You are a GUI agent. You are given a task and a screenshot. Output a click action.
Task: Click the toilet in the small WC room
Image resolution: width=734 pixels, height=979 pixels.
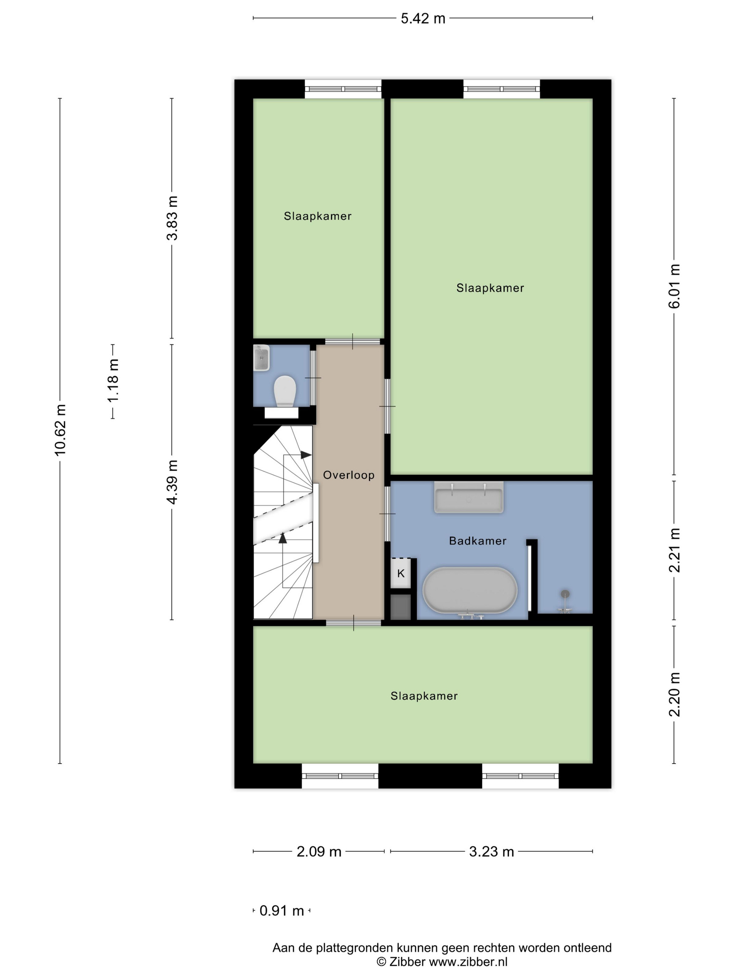point(285,391)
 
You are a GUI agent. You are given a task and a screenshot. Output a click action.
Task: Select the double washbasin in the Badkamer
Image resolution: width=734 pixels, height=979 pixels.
point(469,498)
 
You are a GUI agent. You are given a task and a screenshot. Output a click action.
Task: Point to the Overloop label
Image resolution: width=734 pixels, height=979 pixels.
point(348,475)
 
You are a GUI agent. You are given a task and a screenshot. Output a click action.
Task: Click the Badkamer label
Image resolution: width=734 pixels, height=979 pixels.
point(477,541)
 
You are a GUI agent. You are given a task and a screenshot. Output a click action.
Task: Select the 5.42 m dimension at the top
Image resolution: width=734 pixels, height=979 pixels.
point(423,19)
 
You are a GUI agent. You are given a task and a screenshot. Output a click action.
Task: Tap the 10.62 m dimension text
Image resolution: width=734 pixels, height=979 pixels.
point(60,429)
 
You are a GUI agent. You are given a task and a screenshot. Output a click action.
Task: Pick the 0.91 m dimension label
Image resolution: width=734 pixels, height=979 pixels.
point(281,910)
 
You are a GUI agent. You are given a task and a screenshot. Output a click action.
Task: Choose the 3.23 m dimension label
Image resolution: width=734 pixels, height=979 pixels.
point(491,851)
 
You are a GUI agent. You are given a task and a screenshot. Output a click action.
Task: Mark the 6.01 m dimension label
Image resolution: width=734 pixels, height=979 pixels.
point(674,286)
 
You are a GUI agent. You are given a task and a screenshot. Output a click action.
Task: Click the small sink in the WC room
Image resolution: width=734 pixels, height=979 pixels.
point(261,358)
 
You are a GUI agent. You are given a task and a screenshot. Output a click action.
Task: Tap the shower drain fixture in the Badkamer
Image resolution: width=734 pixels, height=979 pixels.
point(564,601)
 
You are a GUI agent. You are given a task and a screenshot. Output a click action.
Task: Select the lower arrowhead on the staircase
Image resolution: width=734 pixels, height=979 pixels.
point(283,538)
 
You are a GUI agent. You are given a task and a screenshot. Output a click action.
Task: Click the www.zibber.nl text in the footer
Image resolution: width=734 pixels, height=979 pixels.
point(468,962)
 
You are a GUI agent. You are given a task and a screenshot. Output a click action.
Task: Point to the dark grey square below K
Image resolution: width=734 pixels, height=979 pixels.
point(401,607)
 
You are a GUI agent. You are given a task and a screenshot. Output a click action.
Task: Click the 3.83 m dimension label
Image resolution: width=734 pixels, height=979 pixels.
point(172,218)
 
